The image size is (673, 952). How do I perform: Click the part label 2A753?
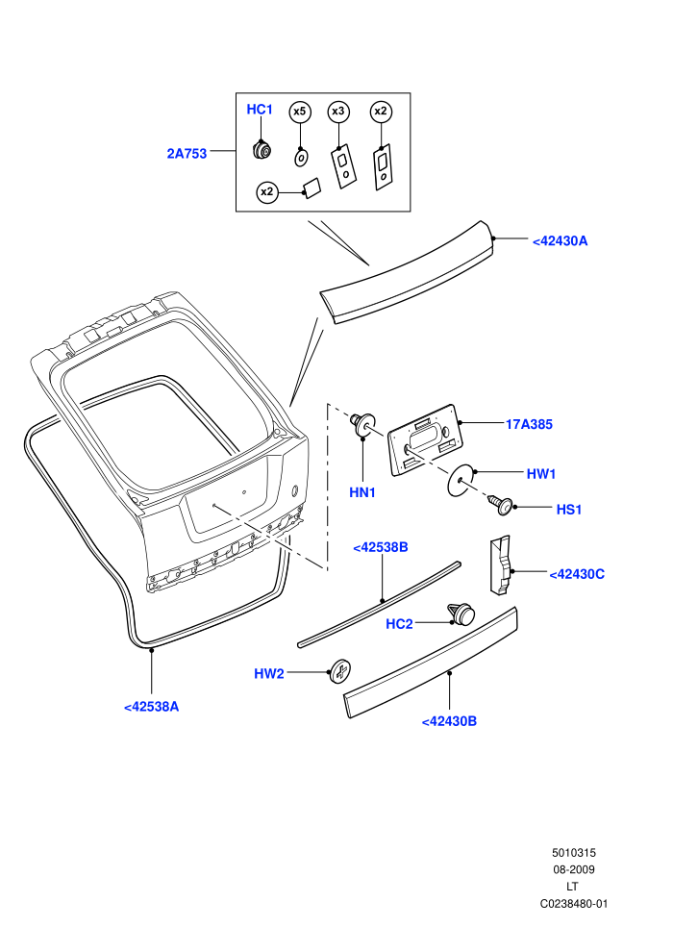[187, 154]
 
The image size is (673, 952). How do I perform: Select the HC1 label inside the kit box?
[260, 110]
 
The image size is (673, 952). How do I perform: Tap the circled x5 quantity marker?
[300, 112]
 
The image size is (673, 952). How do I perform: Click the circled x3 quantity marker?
[338, 112]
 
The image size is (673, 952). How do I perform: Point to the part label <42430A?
[561, 241]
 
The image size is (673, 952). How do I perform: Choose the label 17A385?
[529, 424]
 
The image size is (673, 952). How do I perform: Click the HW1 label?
[541, 473]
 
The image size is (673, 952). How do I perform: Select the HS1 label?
[569, 510]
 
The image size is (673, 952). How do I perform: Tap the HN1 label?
[362, 492]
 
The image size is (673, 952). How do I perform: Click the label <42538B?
[381, 547]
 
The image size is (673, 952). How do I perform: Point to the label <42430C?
[577, 574]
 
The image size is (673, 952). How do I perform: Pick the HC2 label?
[399, 624]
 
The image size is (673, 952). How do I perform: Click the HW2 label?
[269, 673]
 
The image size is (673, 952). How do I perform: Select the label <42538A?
[151, 707]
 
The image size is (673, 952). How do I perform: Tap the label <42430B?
[449, 721]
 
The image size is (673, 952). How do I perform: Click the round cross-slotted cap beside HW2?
[340, 671]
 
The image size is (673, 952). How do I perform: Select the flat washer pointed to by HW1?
[461, 480]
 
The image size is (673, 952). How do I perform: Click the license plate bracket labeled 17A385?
[425, 439]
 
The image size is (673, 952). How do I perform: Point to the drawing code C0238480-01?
[573, 903]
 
